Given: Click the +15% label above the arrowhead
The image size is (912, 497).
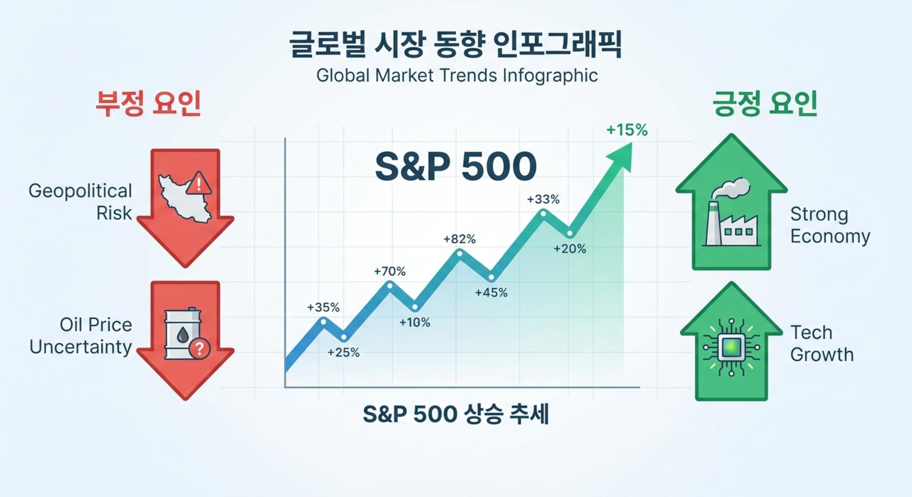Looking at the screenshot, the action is click(627, 130).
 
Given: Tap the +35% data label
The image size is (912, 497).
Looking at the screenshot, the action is click(323, 307).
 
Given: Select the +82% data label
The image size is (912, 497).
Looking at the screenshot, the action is click(459, 239).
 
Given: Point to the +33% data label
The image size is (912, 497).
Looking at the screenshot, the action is click(543, 199).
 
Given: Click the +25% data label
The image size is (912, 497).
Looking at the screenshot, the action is click(343, 353).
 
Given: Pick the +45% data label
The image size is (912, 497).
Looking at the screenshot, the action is click(491, 293).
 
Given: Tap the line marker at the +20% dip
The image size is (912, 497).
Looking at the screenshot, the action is click(570, 233).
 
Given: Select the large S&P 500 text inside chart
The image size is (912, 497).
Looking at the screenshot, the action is click(456, 166).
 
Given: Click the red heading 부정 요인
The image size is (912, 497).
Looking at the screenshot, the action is click(148, 103).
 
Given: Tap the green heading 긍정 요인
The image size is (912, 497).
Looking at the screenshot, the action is click(764, 103).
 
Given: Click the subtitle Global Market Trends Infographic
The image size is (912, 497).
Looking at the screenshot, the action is click(457, 75).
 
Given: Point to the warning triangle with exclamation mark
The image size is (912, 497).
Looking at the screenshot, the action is click(199, 183).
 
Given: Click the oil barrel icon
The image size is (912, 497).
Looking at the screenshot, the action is click(183, 334).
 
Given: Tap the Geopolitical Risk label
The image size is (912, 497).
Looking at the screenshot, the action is click(80, 202).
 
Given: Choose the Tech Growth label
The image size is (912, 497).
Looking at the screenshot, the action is click(822, 343).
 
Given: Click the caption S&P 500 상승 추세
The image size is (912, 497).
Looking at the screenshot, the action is click(456, 414).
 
